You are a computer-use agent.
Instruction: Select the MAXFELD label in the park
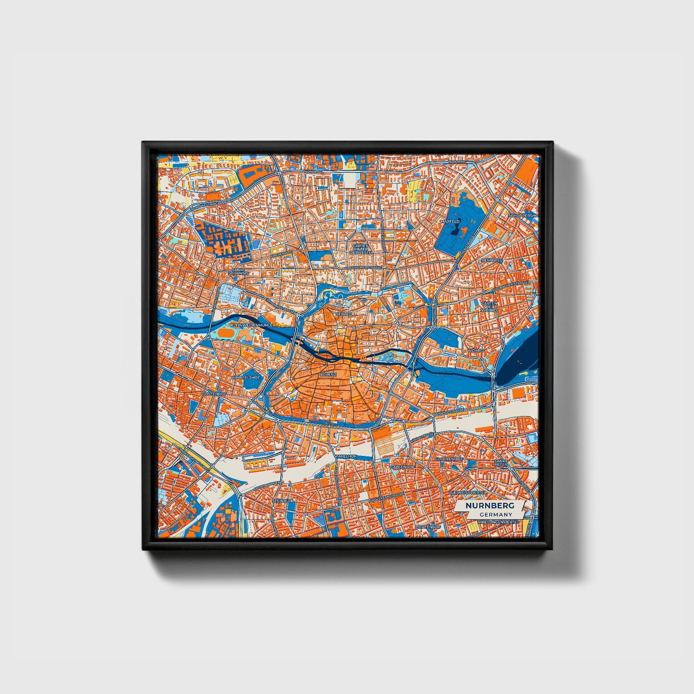pos(450,221)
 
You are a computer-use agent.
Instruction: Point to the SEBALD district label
pos(344,313)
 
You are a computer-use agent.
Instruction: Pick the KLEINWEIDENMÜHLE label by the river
pos(252,325)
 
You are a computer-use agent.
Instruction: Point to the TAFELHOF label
pos(346,455)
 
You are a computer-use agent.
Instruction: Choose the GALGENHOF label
pos(402,466)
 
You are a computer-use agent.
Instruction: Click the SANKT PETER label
pos(501,463)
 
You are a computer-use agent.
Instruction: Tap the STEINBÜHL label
pos(283,500)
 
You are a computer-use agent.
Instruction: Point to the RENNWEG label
pos(492,260)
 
